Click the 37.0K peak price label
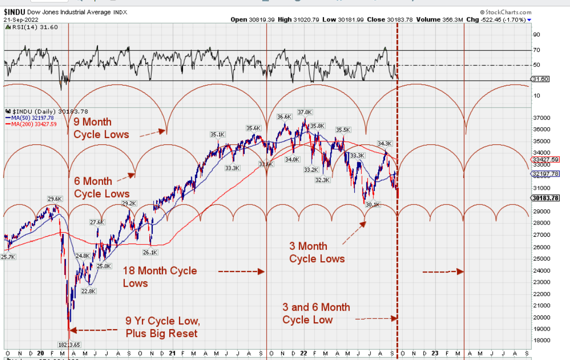coord(304,112)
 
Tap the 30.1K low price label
coord(373,204)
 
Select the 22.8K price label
coord(88,291)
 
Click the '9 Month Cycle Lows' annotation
coord(101,128)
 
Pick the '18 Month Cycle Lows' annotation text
coord(160,276)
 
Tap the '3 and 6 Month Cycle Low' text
coord(316,314)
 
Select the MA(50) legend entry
coord(30,118)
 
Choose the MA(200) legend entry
coord(31,124)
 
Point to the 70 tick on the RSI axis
coord(536,50)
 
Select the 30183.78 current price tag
coord(545,198)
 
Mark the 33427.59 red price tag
coord(545,159)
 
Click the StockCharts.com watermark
coord(506,12)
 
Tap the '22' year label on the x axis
coord(304,353)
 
